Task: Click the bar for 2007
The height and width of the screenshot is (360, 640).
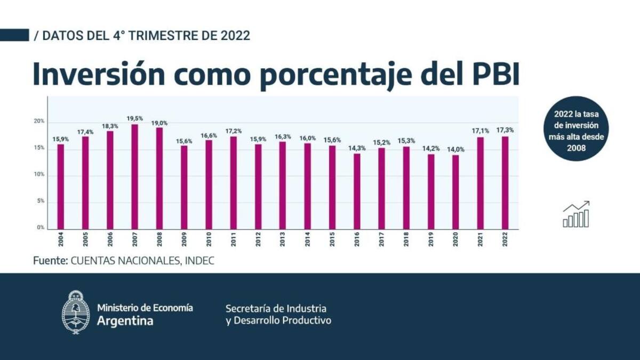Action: pos(134,177)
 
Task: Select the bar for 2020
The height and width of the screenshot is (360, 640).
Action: pos(455,192)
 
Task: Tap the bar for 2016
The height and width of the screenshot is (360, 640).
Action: pos(356,191)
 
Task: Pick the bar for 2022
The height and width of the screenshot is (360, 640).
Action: pos(505,182)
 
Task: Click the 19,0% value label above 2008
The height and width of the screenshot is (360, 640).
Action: pos(159,123)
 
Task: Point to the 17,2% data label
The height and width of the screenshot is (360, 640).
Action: pos(233,131)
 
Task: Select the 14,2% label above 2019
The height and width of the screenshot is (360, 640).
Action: pos(431,149)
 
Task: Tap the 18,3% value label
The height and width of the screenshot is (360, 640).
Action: pos(110,125)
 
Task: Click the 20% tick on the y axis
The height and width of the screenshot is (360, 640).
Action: pos(39,122)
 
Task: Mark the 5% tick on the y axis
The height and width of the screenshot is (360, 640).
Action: pos(41,202)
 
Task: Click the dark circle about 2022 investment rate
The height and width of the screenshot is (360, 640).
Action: pos(577,129)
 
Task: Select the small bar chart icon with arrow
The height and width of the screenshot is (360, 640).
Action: pos(576,214)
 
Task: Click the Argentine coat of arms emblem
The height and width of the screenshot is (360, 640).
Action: pos(76,313)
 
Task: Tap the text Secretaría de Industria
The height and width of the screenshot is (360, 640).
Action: pos(276,308)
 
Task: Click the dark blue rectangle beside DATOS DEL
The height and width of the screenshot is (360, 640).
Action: pos(14,35)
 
